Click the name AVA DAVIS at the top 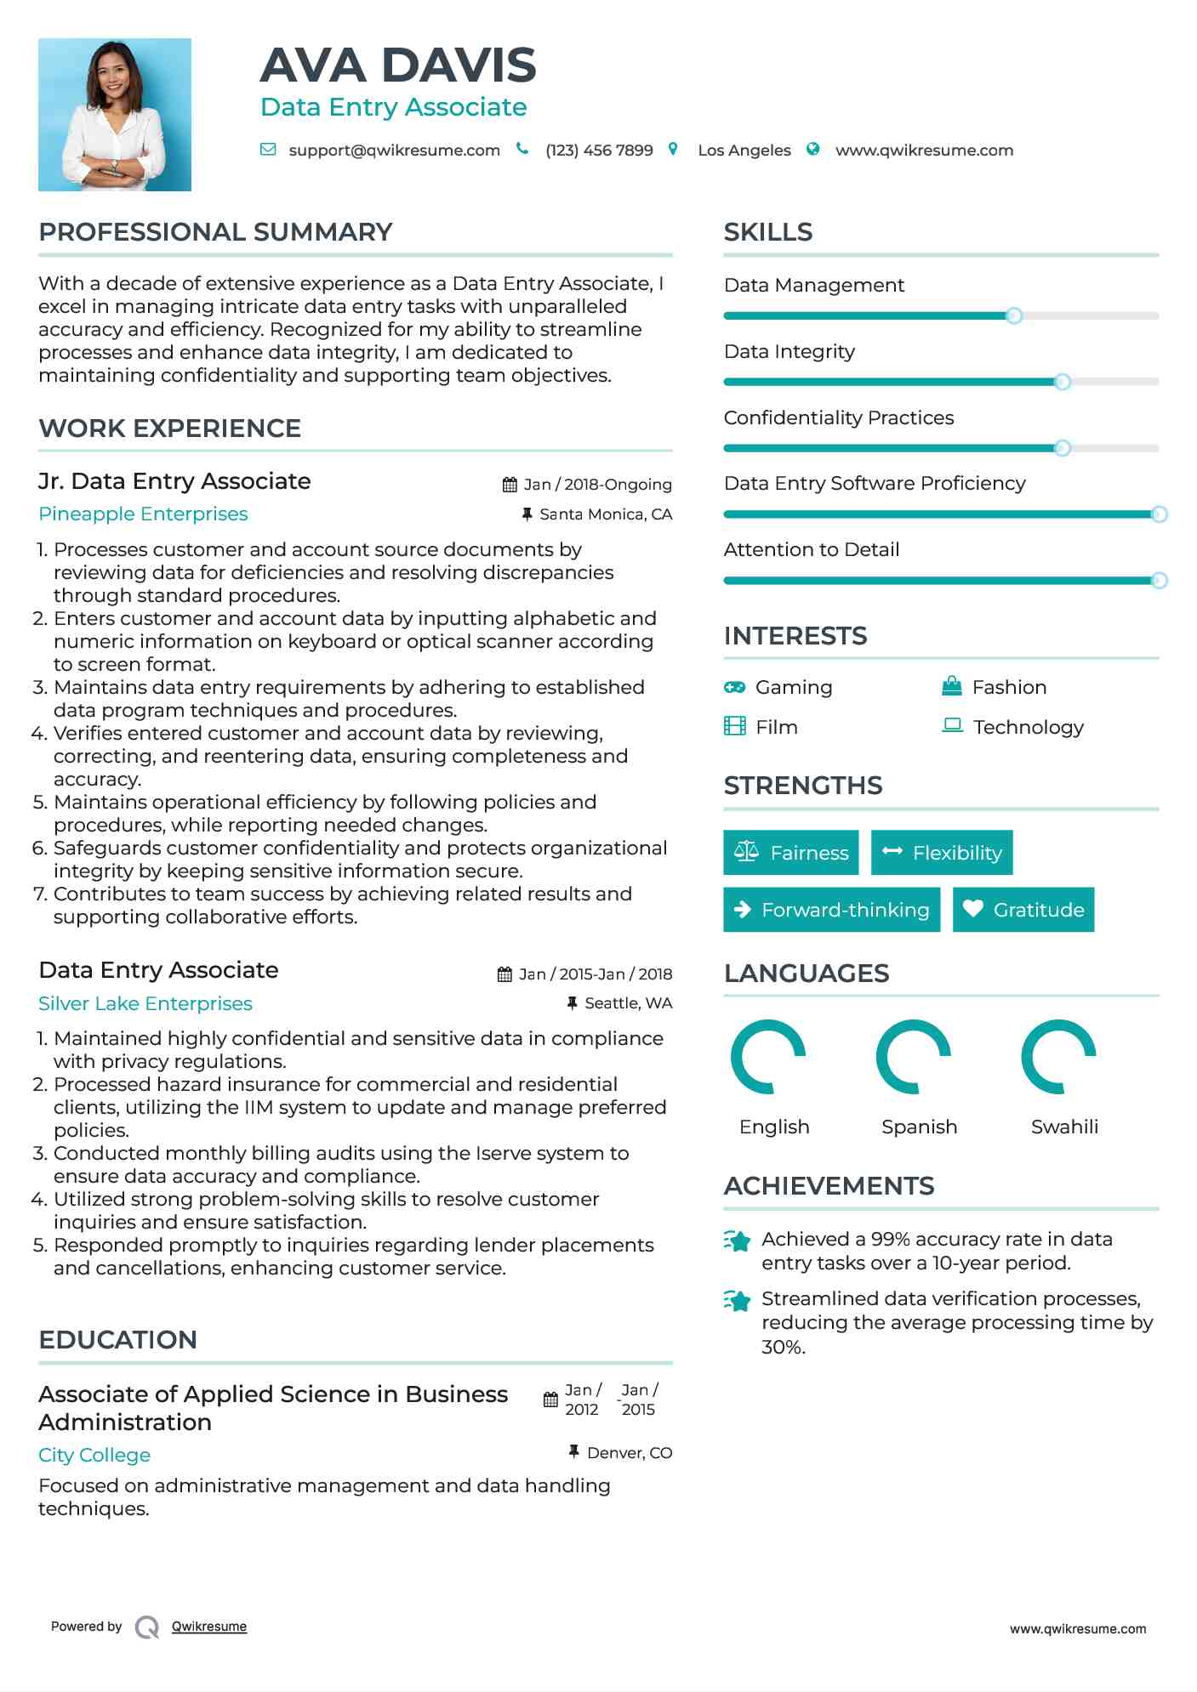397,65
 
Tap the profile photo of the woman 115,115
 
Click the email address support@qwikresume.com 394,150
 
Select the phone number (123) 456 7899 599,150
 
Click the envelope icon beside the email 268,150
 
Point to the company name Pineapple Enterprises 143,514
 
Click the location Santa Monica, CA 605,514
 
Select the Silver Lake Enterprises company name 145,1004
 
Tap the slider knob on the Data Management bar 1013,316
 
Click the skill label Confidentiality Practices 838,418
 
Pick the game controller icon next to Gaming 734,687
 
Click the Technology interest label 1028,728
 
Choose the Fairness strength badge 791,853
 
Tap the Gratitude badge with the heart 1023,910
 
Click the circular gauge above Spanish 913,1057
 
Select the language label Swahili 1064,1127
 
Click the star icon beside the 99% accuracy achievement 737,1241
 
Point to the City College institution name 94,1456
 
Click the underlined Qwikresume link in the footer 209,1627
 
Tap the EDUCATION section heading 117,1340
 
